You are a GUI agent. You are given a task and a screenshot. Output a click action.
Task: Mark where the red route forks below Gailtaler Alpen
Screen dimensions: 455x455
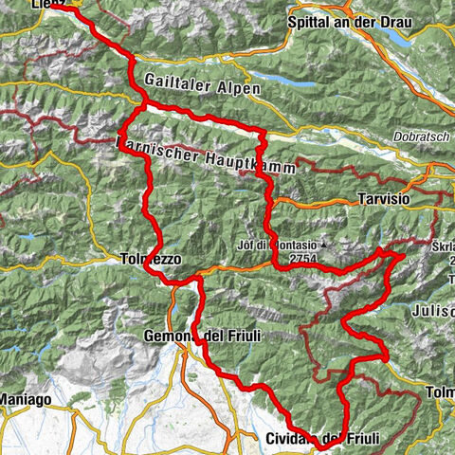144,105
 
